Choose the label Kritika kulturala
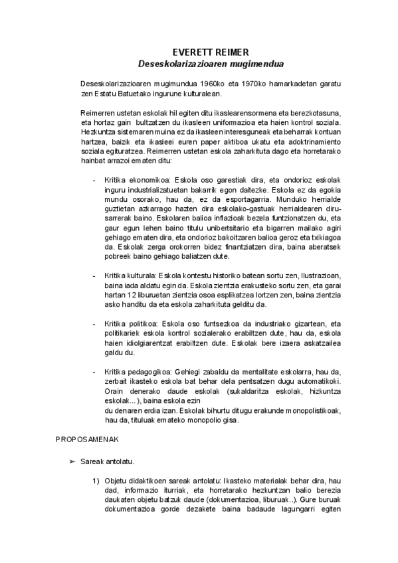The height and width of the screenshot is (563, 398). pos(131,275)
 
